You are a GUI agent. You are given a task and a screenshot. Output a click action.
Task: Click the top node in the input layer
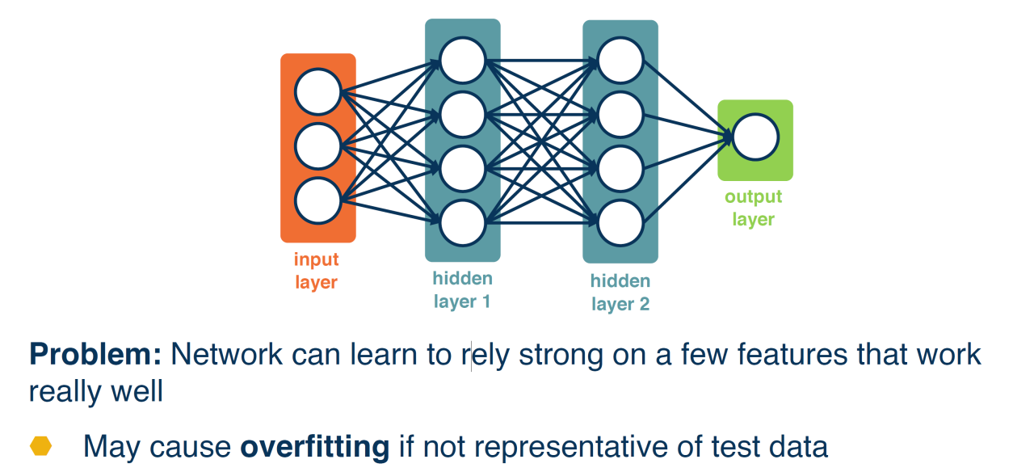pos(318,92)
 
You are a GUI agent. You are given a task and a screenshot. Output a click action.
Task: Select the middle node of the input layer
pos(318,146)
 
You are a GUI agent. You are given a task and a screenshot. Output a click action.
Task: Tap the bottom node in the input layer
pos(318,201)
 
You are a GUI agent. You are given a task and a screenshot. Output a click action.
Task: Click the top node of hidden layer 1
pos(463,61)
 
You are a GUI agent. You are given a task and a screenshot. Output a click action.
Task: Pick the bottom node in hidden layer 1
pos(463,223)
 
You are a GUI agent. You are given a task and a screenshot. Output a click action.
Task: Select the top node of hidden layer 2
pos(620,61)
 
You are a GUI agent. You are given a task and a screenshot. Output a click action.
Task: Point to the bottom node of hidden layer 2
pos(620,223)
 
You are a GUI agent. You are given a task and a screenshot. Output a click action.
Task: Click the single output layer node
pos(755,137)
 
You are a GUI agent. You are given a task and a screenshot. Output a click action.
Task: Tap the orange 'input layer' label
pos(316,271)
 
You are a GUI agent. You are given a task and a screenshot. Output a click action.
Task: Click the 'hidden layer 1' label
pos(463,290)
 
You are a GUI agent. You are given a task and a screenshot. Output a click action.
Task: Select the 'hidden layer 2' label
pos(620,293)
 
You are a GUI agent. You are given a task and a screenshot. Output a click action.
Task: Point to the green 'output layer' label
pos(754,208)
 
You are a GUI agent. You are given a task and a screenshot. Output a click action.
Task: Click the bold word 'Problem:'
pos(95,354)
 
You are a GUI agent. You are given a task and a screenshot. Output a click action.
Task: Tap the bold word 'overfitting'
pos(315,447)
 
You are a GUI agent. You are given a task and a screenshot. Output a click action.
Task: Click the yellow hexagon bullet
pos(40,446)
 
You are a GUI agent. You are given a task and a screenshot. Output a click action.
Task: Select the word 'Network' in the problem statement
pos(226,354)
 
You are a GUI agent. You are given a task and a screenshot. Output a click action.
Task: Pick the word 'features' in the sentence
pos(792,354)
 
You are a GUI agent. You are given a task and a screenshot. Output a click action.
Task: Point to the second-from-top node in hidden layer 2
pos(620,115)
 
